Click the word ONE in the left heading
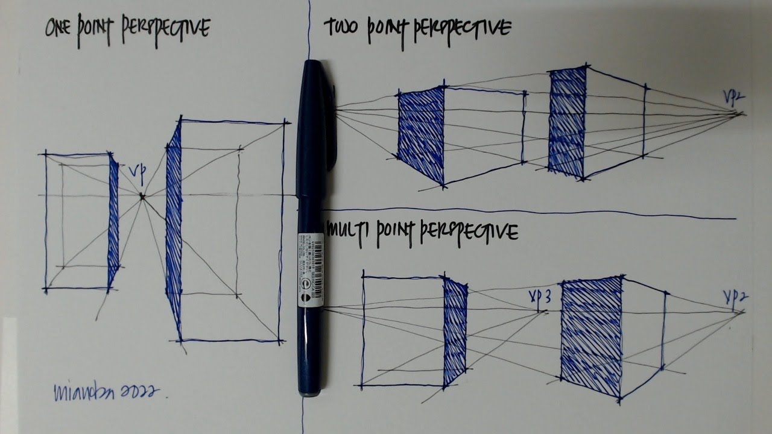[62, 28]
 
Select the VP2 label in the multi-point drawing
[735, 297]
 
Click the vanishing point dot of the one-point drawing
[142, 195]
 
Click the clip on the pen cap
[331, 127]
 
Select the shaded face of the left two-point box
[421, 134]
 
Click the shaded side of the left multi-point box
[455, 332]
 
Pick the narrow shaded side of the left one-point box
[113, 223]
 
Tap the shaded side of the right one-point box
[174, 229]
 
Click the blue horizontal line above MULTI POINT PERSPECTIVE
[531, 213]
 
